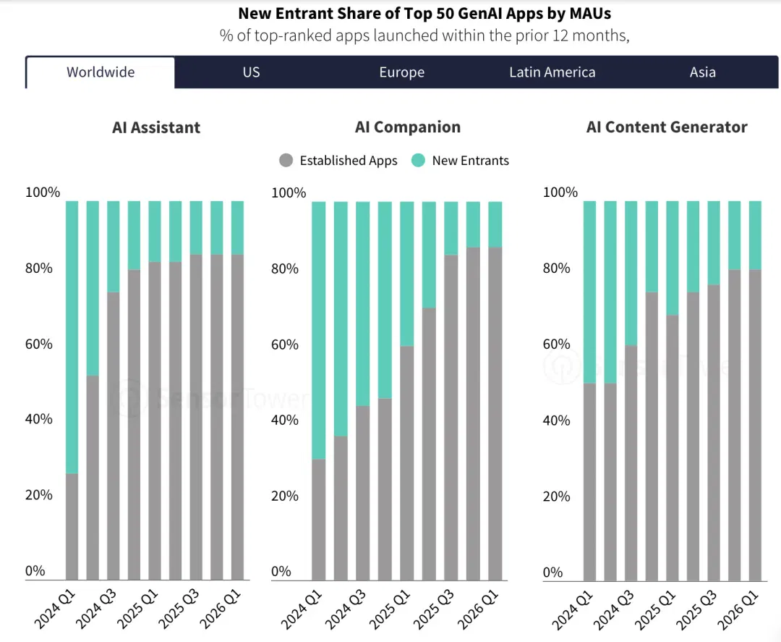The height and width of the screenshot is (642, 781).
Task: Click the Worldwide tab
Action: click(x=101, y=72)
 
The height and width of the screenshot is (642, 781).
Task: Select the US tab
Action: click(x=251, y=72)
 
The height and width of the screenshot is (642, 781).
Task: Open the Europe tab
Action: click(x=402, y=72)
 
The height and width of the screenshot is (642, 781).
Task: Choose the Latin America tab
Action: click(x=552, y=72)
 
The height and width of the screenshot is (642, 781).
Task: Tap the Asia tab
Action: click(x=702, y=72)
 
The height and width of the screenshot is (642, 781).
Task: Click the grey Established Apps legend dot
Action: click(x=286, y=161)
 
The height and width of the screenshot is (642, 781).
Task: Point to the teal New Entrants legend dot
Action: click(x=419, y=161)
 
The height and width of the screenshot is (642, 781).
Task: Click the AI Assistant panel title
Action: click(x=156, y=127)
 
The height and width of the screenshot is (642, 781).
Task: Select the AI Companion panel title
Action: click(x=407, y=127)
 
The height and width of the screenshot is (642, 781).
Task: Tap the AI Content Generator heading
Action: click(x=667, y=127)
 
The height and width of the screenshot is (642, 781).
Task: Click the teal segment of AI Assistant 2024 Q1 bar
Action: click(x=72, y=337)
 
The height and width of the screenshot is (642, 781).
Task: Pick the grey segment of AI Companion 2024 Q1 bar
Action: click(x=319, y=520)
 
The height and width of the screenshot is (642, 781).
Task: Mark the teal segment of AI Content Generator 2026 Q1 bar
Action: click(x=755, y=235)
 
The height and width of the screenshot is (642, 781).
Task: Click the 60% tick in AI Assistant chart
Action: click(x=39, y=344)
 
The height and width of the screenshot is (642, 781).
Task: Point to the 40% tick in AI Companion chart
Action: click(x=285, y=420)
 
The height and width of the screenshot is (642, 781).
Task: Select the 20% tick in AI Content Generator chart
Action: click(x=556, y=497)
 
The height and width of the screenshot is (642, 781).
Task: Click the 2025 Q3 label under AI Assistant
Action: click(x=179, y=609)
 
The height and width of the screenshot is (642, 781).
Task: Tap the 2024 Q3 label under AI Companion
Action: click(x=345, y=609)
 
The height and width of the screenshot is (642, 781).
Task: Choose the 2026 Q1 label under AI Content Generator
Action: click(x=738, y=609)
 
